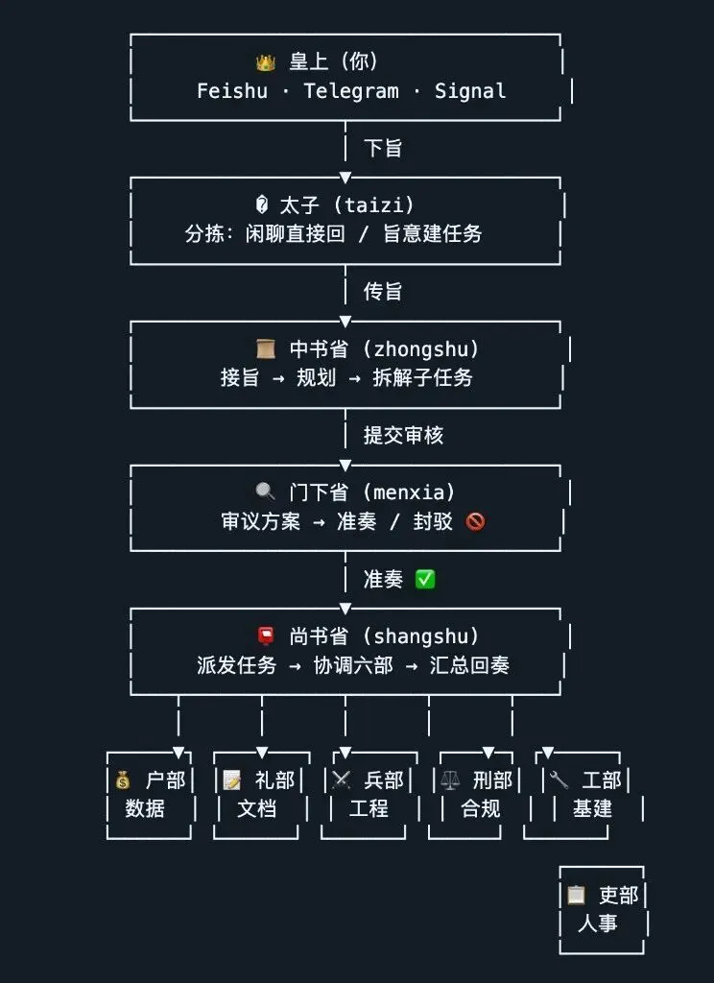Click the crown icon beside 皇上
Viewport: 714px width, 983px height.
point(266,63)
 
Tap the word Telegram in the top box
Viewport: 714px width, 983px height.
point(350,91)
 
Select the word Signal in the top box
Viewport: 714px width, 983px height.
point(470,91)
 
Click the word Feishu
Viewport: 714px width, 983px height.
point(232,91)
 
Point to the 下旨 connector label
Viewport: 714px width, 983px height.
point(383,148)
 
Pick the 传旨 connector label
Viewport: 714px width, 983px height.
point(383,291)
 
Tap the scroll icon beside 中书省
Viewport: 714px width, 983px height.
point(266,348)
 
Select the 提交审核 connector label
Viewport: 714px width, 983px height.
point(403,435)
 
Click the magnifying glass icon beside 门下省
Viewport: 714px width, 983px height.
point(266,492)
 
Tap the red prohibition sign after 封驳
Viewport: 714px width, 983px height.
point(475,521)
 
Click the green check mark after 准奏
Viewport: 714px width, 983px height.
point(425,579)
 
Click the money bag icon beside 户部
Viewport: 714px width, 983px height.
point(122,779)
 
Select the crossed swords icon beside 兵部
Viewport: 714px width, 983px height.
point(341,779)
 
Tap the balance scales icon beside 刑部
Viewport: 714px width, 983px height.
point(449,779)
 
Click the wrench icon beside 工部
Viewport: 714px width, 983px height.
point(559,779)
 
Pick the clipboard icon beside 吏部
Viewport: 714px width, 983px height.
point(576,895)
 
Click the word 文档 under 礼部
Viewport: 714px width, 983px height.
point(257,808)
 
